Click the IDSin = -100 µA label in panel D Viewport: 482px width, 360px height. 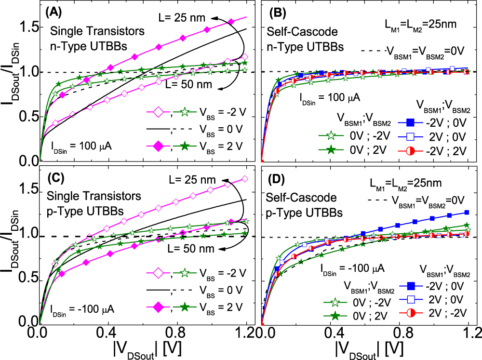pos(346,268)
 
